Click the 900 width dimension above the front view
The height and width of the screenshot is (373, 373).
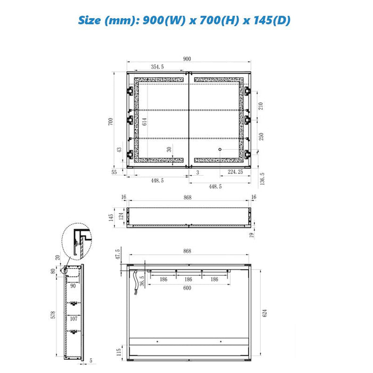[x=187, y=59]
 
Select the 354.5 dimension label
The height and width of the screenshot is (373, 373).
[x=157, y=67]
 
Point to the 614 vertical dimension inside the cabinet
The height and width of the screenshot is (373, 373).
[x=144, y=121]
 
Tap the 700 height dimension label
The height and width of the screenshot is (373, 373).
[x=111, y=121]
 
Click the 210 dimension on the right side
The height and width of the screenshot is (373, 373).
[x=261, y=106]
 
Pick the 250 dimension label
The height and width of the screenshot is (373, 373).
[x=261, y=136]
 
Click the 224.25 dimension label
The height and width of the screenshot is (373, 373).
[x=236, y=172]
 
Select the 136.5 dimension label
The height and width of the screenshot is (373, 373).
[x=262, y=179]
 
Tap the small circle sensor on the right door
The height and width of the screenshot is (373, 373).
[x=220, y=149]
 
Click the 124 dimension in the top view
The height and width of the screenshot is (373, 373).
[x=121, y=216]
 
